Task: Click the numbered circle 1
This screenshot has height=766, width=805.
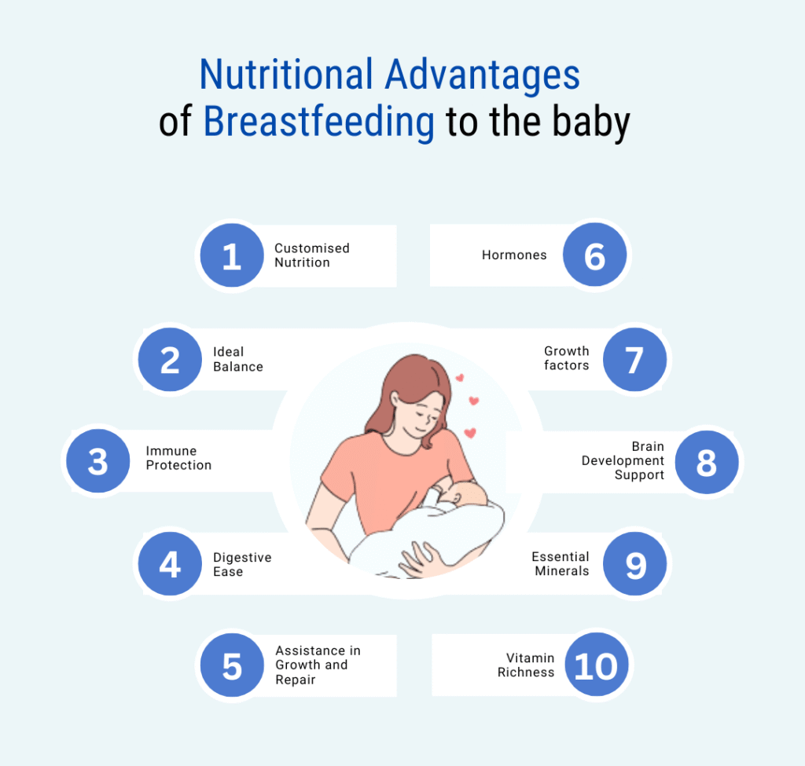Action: (x=232, y=255)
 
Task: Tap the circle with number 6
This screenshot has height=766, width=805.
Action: (x=594, y=255)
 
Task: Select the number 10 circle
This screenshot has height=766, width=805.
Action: (x=597, y=665)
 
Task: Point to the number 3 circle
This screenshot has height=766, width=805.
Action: (x=98, y=460)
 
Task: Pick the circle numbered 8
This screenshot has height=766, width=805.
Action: (x=707, y=462)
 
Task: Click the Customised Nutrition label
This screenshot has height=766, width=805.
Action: (x=311, y=255)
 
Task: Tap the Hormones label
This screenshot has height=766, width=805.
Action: (x=514, y=255)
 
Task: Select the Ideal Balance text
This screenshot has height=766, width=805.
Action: (x=237, y=359)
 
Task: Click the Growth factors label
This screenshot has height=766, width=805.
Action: (x=566, y=358)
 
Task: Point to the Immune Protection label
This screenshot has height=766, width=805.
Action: (x=178, y=458)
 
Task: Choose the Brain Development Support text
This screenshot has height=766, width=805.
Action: (x=623, y=460)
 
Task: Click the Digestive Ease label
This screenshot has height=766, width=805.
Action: (x=242, y=564)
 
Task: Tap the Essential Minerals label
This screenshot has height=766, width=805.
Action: (x=560, y=564)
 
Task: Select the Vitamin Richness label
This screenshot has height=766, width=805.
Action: (x=526, y=665)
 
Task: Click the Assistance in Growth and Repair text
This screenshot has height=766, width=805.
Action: (x=318, y=665)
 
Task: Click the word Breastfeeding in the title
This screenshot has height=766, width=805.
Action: (x=319, y=122)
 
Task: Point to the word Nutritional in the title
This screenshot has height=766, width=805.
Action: (x=286, y=75)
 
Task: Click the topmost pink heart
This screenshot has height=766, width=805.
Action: (x=460, y=378)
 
